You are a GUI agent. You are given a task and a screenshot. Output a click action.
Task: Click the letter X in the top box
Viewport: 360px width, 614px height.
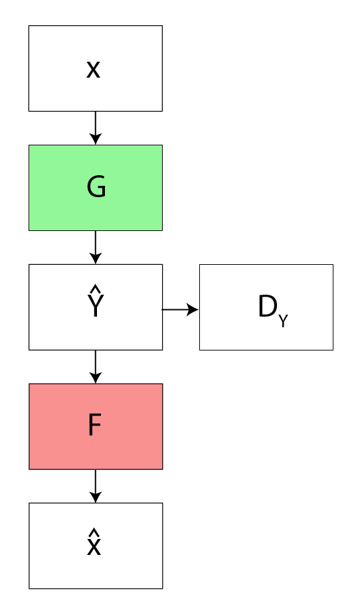point(93,70)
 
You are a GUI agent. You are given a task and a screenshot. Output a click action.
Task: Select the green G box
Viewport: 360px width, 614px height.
point(96,188)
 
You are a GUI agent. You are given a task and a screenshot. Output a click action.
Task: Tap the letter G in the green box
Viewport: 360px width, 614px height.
point(96,187)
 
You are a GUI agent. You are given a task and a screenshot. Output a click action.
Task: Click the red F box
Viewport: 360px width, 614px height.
point(96,426)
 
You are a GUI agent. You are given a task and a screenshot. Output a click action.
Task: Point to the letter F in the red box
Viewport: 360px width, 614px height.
point(95,425)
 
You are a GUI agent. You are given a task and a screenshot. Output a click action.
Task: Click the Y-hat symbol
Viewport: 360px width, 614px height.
point(95,301)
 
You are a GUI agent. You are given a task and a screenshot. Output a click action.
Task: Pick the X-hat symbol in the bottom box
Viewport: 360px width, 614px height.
point(94,542)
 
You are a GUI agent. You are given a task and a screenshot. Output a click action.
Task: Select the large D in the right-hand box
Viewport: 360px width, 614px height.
point(268,306)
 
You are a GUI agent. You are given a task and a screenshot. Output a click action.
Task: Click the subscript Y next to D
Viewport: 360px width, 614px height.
point(283,321)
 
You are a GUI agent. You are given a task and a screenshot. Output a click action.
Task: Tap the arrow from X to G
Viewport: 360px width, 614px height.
point(96,128)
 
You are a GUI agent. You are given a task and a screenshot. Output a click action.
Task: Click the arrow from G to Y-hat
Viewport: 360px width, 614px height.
point(96,248)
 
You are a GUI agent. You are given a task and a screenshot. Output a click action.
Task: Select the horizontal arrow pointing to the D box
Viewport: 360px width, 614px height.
point(181,309)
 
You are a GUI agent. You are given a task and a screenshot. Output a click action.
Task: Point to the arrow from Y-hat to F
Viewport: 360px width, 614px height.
point(96,366)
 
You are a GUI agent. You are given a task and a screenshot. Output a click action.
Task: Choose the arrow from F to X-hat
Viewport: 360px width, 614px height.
point(96,486)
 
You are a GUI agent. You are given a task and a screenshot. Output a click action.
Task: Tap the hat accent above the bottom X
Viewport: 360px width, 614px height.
point(94,532)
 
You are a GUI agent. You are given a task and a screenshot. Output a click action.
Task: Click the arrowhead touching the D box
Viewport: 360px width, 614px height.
point(193,309)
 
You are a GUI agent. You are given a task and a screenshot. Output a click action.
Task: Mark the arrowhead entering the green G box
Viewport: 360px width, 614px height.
point(96,139)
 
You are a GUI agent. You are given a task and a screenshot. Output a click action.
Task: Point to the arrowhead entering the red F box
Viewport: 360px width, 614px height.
point(96,378)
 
